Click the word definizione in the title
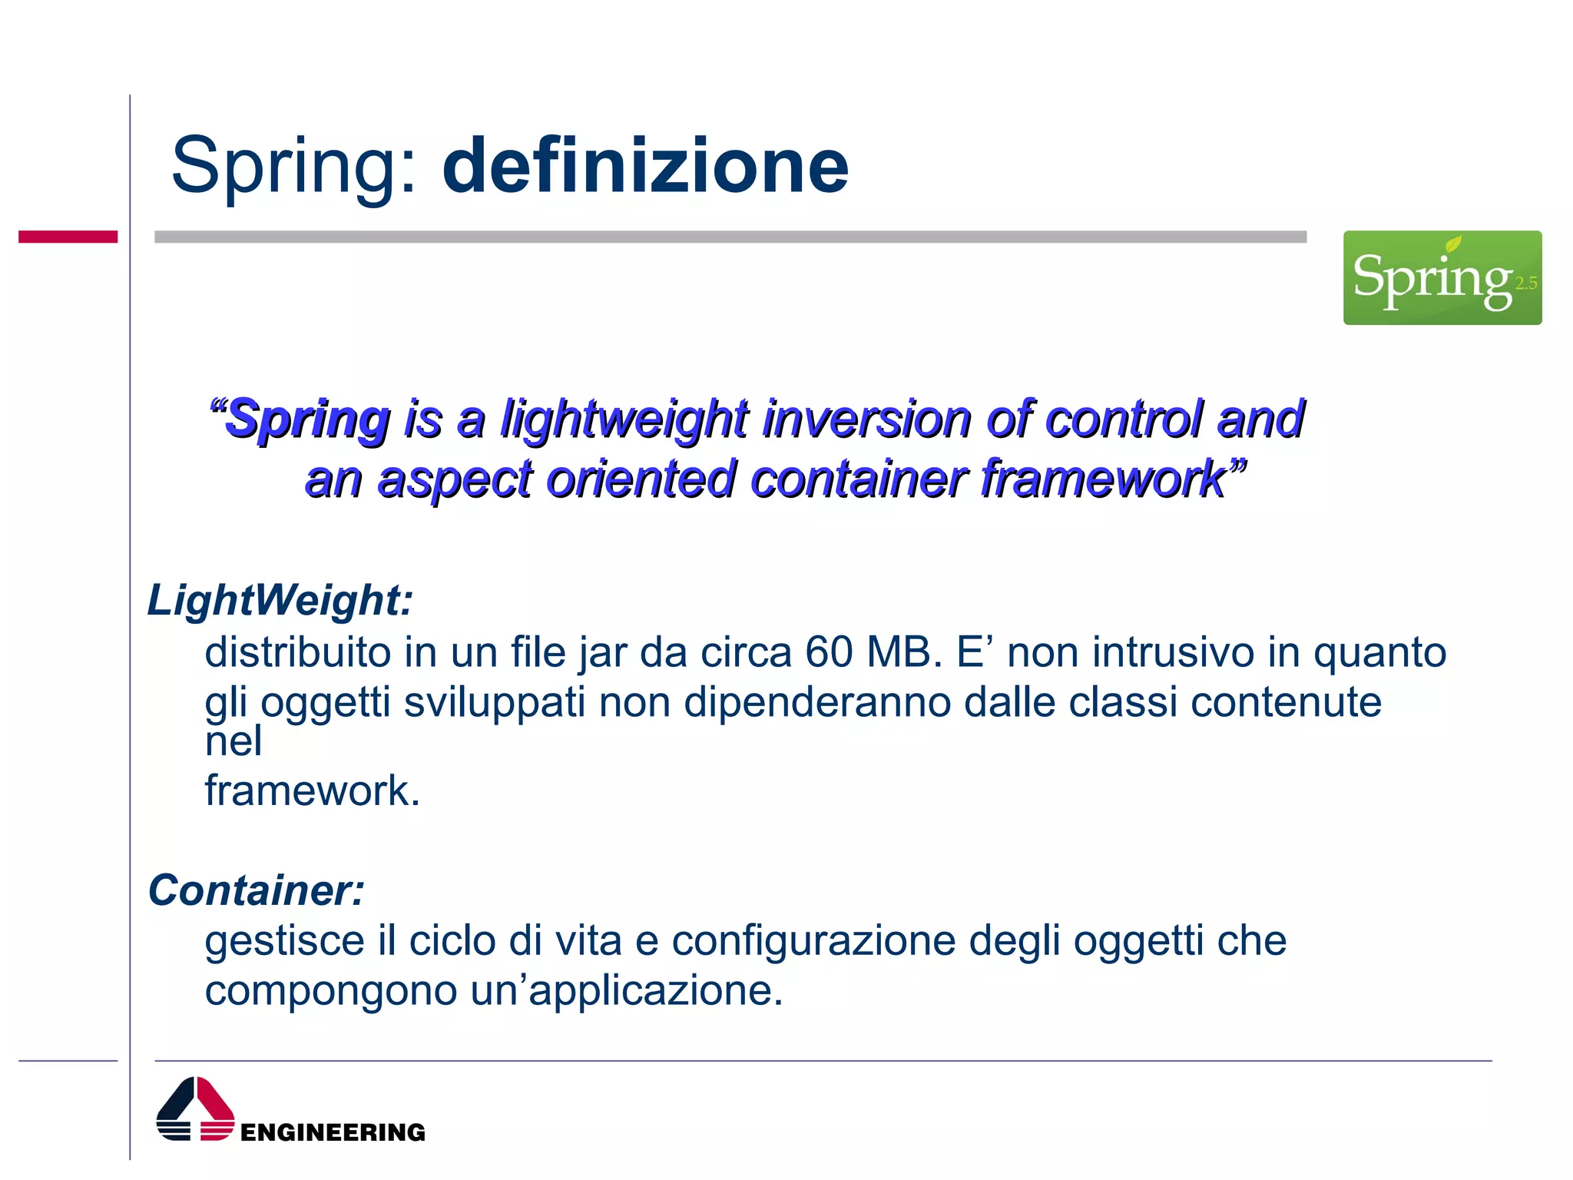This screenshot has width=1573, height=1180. (x=645, y=166)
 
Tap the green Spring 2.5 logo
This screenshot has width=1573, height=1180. (x=1442, y=277)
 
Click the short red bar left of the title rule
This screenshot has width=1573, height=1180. (x=68, y=237)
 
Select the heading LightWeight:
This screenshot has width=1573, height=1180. (x=280, y=600)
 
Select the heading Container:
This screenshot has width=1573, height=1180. (x=256, y=890)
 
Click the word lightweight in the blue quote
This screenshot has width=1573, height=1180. (x=624, y=419)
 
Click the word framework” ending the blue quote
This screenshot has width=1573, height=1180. (x=1114, y=479)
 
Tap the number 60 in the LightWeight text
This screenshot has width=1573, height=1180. (x=829, y=652)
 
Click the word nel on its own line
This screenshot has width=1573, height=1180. (x=233, y=741)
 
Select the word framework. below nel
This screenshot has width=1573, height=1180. (x=312, y=791)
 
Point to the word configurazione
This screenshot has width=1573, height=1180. (x=813, y=941)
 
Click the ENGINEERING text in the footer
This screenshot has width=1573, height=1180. (x=332, y=1132)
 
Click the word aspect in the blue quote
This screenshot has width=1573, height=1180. (x=455, y=479)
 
